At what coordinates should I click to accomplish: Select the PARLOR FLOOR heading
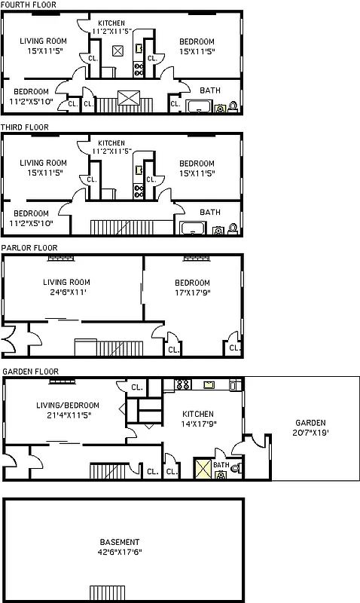pyautogui.click(x=29, y=247)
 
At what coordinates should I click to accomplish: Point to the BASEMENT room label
pyautogui.click(x=119, y=542)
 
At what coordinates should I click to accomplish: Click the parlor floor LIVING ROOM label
pyautogui.click(x=66, y=283)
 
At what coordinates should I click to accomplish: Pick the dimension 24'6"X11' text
pyautogui.click(x=66, y=292)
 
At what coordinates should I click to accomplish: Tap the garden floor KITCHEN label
pyautogui.click(x=197, y=414)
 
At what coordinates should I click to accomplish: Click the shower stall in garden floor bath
pyautogui.click(x=203, y=470)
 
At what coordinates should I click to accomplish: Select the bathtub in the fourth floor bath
pyautogui.click(x=199, y=106)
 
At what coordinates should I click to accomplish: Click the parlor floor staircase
pyautogui.click(x=108, y=348)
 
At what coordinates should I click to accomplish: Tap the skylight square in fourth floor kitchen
pyautogui.click(x=117, y=51)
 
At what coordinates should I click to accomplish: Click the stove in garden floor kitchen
pyautogui.click(x=182, y=384)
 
